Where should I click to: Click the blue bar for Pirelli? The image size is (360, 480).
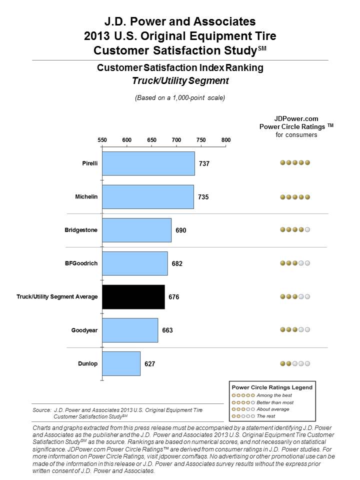(148, 163)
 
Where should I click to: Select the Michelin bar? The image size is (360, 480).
(148, 196)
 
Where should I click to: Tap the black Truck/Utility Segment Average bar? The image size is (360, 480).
(133, 297)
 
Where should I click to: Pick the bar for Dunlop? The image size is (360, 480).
(121, 363)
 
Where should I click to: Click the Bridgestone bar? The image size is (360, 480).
(137, 230)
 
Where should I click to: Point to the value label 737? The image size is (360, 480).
(203, 163)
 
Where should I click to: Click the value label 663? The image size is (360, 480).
(167, 330)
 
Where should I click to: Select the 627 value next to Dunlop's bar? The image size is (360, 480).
(149, 364)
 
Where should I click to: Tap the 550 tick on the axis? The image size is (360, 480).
(102, 140)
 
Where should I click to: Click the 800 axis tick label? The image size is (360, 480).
(226, 140)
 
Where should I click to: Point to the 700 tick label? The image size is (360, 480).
(176, 140)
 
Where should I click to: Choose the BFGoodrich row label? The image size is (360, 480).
(81, 263)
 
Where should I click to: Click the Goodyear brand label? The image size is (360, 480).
(84, 330)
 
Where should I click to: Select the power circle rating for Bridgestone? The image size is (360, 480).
(295, 230)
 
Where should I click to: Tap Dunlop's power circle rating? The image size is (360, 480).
(295, 363)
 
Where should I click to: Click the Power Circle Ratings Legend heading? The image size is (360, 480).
(271, 387)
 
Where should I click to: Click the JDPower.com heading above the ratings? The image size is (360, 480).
(296, 118)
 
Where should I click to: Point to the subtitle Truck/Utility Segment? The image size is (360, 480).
(180, 79)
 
